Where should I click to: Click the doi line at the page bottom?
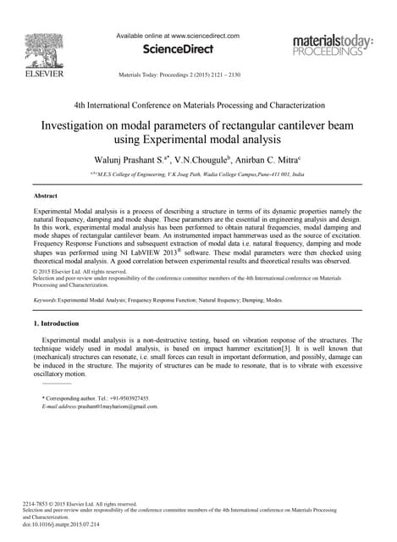[62, 524]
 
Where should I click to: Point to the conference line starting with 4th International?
[199, 105]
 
